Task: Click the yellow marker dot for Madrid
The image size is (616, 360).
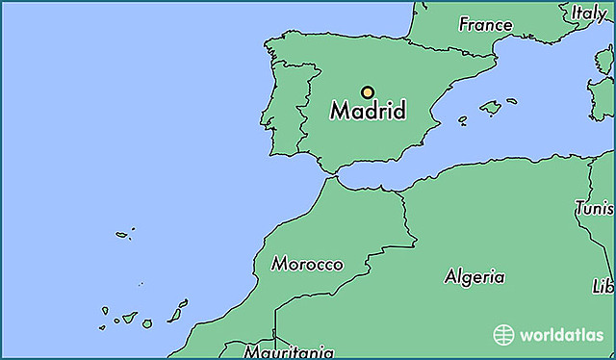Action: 367,92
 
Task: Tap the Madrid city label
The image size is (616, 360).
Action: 368,111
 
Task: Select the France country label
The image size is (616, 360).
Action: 485,24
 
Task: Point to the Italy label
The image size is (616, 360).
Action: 589,13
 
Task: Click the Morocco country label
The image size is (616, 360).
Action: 307,264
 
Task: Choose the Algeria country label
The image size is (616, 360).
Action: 474,277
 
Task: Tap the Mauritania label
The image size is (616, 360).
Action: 289,351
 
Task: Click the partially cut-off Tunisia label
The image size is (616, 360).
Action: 595,208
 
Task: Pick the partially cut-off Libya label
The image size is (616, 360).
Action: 604,287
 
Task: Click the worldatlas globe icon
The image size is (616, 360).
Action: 503,335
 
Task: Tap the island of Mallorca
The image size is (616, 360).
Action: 491,108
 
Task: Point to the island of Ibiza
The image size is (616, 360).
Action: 462,121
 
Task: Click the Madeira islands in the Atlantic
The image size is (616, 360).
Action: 123,234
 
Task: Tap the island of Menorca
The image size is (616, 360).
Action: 512,99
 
